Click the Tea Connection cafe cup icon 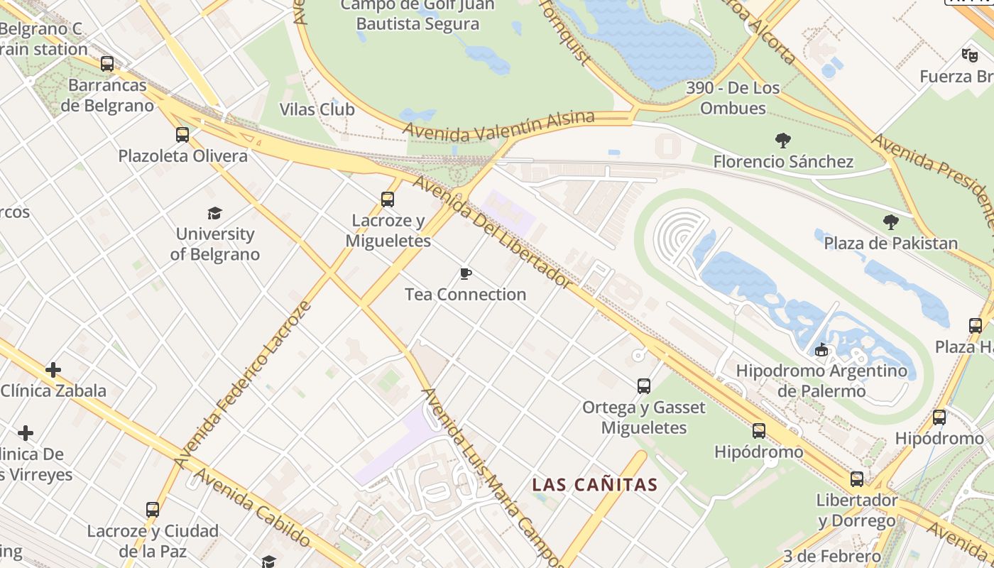[466, 273]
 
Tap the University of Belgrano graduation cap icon [214, 213]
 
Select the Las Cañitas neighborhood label [595, 485]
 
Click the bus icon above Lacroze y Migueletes [387, 200]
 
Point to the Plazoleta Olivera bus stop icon [182, 135]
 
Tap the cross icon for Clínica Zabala [53, 370]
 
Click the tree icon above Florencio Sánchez [783, 141]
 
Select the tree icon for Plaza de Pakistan [890, 222]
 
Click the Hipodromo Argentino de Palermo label [821, 381]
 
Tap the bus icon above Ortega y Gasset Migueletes [643, 386]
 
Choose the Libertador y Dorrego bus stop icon [857, 479]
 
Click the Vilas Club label [317, 109]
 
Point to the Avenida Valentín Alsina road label [498, 125]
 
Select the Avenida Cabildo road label [252, 507]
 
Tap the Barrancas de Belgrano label [107, 95]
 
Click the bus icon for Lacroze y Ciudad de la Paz [153, 510]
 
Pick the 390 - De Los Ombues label [733, 98]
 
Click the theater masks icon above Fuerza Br [969, 55]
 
